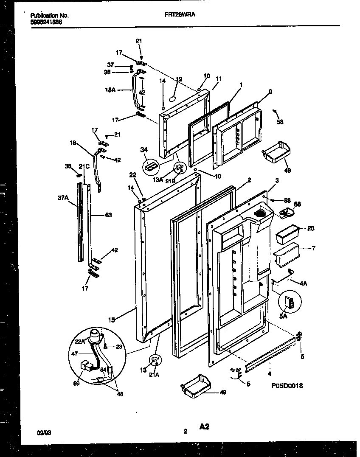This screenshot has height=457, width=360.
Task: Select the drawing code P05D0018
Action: tap(287, 386)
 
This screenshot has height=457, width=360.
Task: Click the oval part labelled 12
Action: tap(172, 98)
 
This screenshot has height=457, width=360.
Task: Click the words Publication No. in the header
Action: tap(50, 15)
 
